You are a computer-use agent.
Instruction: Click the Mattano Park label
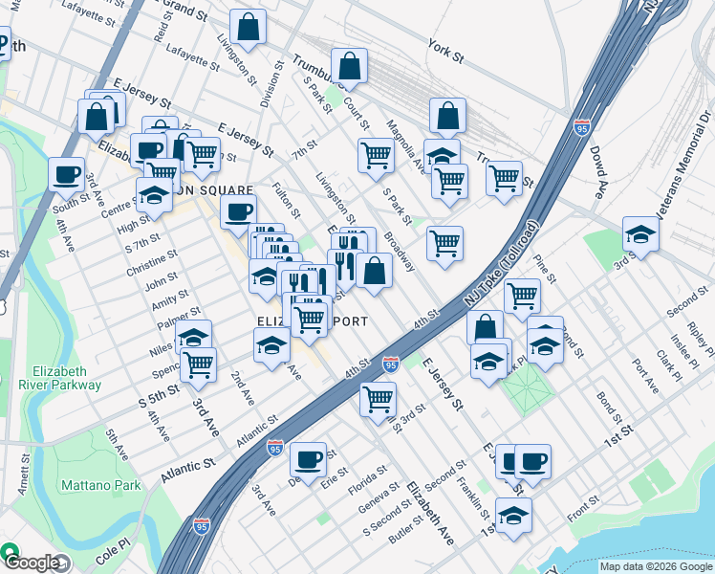pos(100,485)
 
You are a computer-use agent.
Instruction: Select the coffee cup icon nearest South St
pos(66,174)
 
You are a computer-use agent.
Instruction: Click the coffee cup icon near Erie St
pos(308,459)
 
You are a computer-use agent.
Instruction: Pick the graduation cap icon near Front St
pos(513,515)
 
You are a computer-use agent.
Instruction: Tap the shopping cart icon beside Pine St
pos(522,296)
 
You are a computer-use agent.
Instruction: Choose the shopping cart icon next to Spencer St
pos(198,364)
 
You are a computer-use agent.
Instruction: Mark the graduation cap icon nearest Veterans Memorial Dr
pos(639,233)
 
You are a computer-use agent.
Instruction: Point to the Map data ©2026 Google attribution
pos(655,566)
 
